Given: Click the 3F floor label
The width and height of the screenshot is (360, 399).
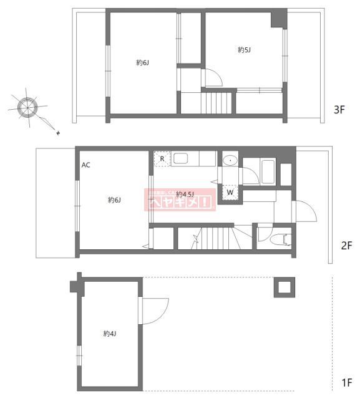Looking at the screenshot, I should (339, 110).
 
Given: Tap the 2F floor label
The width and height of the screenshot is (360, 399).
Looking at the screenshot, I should (347, 245).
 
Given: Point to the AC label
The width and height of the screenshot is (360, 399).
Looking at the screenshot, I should (86, 165).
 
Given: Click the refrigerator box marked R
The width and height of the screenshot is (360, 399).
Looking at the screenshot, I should (162, 158).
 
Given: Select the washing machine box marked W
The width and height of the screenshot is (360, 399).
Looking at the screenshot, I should (230, 192).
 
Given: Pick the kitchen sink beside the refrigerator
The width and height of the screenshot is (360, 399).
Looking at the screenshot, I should (186, 158).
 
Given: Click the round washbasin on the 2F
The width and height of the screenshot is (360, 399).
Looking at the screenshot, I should (230, 160).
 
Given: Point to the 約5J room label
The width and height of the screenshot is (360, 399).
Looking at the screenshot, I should (244, 49).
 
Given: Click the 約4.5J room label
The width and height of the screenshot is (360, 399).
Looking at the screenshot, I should (185, 193).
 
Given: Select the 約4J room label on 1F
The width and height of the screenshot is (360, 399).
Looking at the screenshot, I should (110, 334).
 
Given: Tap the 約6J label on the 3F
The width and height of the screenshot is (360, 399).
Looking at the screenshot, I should (143, 62).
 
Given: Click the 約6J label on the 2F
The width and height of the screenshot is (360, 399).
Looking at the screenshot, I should (114, 199).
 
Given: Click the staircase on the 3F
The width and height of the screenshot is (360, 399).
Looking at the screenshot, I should (216, 102).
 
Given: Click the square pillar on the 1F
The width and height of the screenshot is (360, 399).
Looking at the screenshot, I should (284, 287).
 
